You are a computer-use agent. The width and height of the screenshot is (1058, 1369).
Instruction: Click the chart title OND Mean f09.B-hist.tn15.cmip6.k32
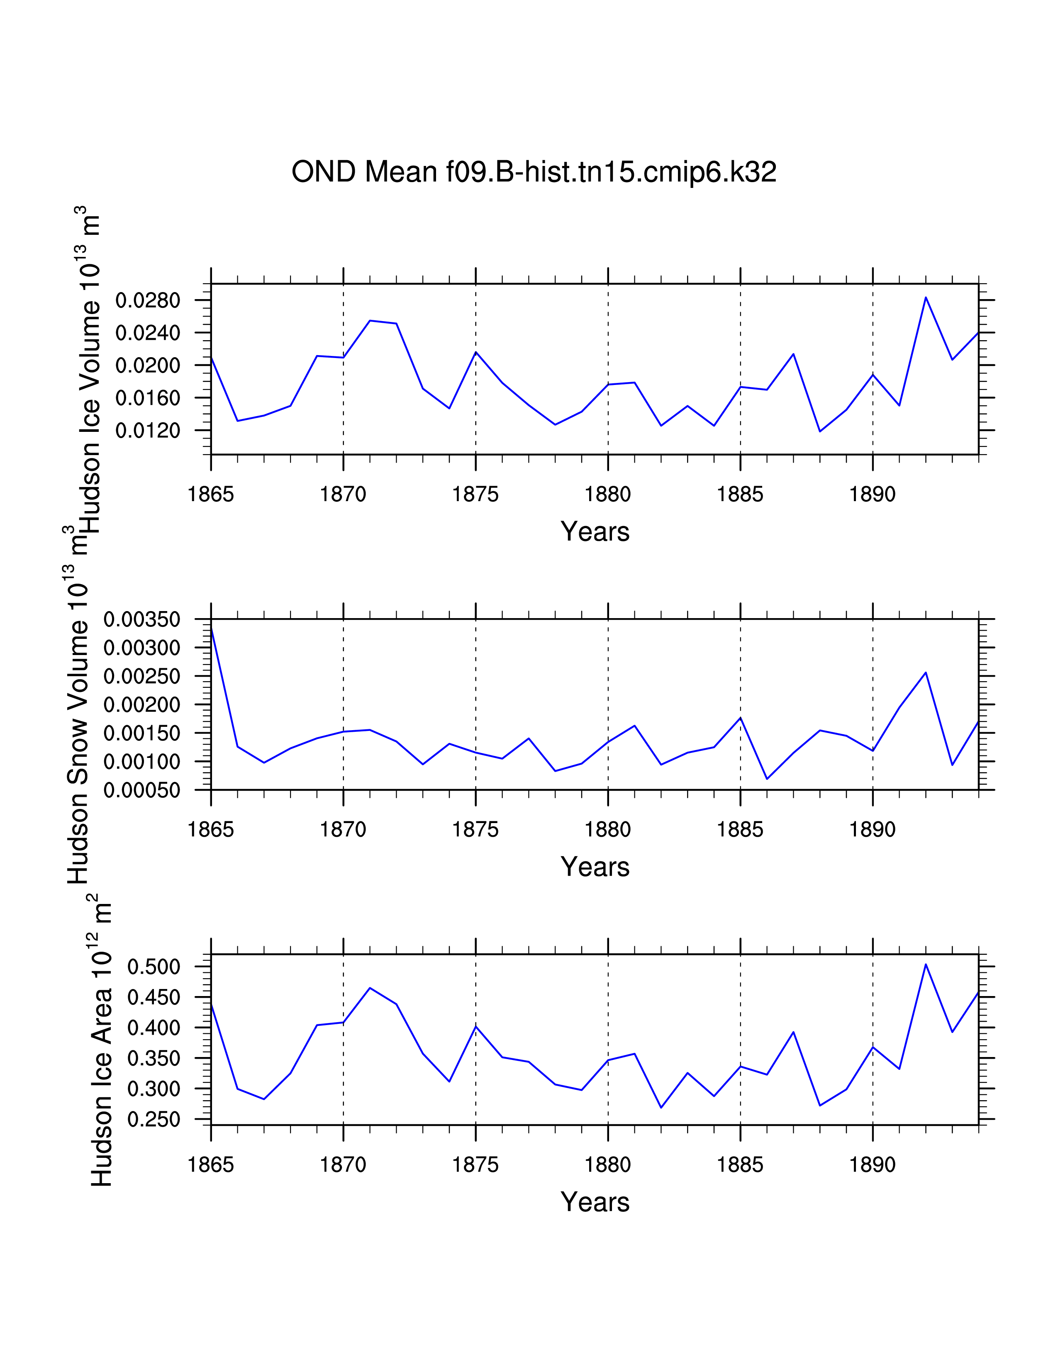point(534,172)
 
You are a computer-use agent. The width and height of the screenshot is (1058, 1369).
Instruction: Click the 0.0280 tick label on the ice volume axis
point(148,300)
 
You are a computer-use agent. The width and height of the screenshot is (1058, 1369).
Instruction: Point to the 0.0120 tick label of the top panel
point(148,431)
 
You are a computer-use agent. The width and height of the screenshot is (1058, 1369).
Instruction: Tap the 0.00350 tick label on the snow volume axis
point(142,620)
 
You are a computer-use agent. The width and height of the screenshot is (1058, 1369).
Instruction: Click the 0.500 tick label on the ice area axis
point(154,967)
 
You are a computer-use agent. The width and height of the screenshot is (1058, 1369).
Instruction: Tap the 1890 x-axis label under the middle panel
point(873,830)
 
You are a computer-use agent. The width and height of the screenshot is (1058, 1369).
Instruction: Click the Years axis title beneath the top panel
point(595,531)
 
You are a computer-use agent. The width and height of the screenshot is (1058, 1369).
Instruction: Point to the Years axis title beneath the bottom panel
point(595,1202)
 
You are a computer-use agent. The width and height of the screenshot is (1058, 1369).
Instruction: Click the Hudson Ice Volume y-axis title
point(88,370)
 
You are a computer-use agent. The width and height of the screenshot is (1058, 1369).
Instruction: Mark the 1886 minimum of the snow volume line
point(767,779)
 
